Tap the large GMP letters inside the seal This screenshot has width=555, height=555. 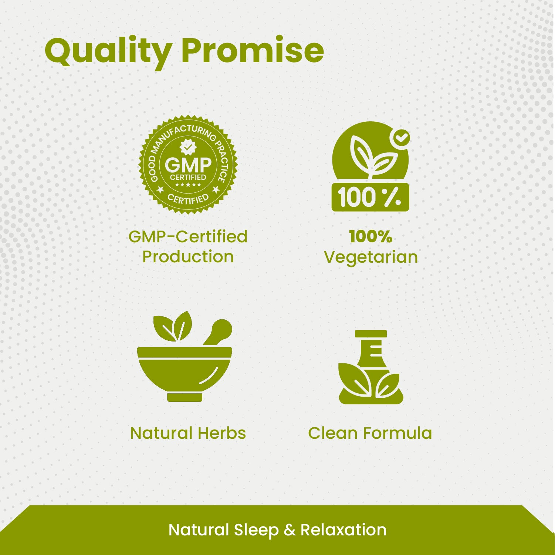click(188, 165)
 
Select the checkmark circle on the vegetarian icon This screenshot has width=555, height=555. click(400, 138)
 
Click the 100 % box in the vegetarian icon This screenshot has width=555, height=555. click(370, 197)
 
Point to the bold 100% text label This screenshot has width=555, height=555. click(370, 237)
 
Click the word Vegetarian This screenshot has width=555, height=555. click(371, 257)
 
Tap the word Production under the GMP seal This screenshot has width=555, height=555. click(188, 257)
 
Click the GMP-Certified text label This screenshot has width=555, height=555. click(188, 237)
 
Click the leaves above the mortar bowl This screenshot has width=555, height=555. click(173, 326)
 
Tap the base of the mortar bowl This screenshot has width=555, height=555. click(185, 397)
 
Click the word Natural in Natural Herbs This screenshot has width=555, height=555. click(161, 433)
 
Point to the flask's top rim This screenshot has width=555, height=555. click(370, 334)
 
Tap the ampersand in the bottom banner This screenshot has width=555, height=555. click(290, 530)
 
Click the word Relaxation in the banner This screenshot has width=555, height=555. click(344, 530)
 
